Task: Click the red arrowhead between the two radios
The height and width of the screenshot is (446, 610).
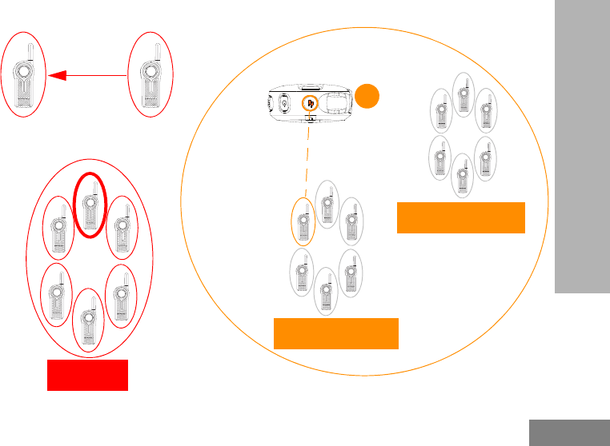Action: (x=56, y=76)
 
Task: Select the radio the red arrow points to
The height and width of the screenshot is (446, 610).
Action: (x=26, y=78)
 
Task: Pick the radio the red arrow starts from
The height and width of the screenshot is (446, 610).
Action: (x=151, y=78)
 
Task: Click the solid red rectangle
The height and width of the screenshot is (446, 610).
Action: (x=87, y=375)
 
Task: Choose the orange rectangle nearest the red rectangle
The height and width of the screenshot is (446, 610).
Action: (x=336, y=333)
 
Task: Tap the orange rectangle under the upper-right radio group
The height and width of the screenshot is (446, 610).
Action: (x=461, y=217)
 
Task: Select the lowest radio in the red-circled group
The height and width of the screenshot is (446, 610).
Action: (x=89, y=320)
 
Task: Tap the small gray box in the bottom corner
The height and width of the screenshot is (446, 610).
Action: (x=569, y=432)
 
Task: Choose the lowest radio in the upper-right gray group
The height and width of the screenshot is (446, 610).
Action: (x=462, y=175)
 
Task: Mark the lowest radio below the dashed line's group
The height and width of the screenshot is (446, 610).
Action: (x=326, y=291)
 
